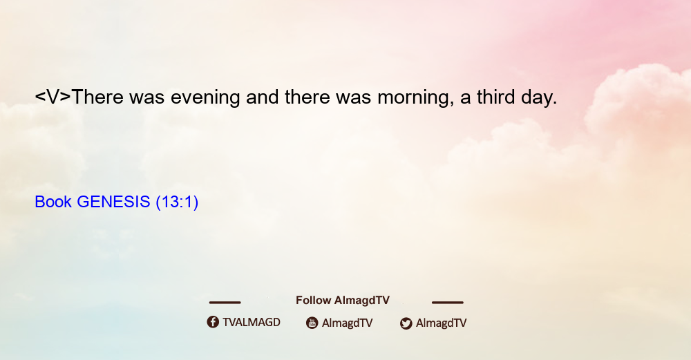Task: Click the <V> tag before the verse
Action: click(53, 97)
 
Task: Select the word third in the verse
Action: click(495, 97)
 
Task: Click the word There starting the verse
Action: click(97, 97)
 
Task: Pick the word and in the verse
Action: click(262, 97)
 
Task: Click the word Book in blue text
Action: click(53, 202)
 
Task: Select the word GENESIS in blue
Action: click(113, 202)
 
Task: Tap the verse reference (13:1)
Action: click(177, 202)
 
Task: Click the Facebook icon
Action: click(213, 322)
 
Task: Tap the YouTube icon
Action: click(312, 323)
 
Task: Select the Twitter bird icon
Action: click(406, 323)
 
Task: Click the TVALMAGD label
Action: click(252, 322)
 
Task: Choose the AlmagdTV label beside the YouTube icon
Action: click(348, 323)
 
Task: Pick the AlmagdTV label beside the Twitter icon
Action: click(441, 323)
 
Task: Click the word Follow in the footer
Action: click(313, 300)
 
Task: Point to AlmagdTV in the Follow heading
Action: click(362, 300)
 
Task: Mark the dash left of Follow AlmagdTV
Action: click(225, 302)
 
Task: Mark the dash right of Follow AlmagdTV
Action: click(448, 302)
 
